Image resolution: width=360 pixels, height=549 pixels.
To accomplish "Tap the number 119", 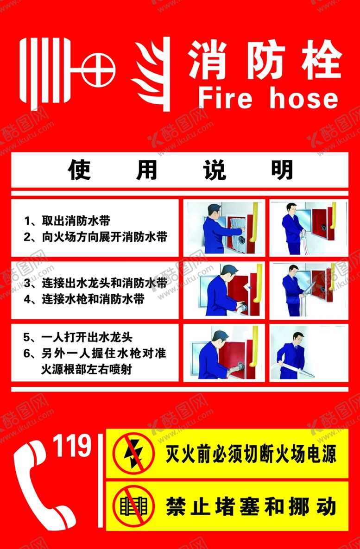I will (x=72, y=446).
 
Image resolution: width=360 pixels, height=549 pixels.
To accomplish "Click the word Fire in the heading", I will (x=225, y=98).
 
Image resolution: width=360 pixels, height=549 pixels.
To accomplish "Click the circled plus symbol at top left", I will (x=98, y=70).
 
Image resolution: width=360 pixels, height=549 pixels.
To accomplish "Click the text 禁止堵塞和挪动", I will (x=250, y=506).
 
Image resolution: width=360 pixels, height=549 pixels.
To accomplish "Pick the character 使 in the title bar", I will (x=79, y=170).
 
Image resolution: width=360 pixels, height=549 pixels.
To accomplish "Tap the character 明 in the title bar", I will (x=282, y=170).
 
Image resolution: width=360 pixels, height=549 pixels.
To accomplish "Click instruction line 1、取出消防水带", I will (x=67, y=220).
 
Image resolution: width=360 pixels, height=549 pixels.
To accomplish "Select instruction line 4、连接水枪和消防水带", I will (x=84, y=299).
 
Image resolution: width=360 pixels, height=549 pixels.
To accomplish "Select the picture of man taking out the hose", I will (x=224, y=227).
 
